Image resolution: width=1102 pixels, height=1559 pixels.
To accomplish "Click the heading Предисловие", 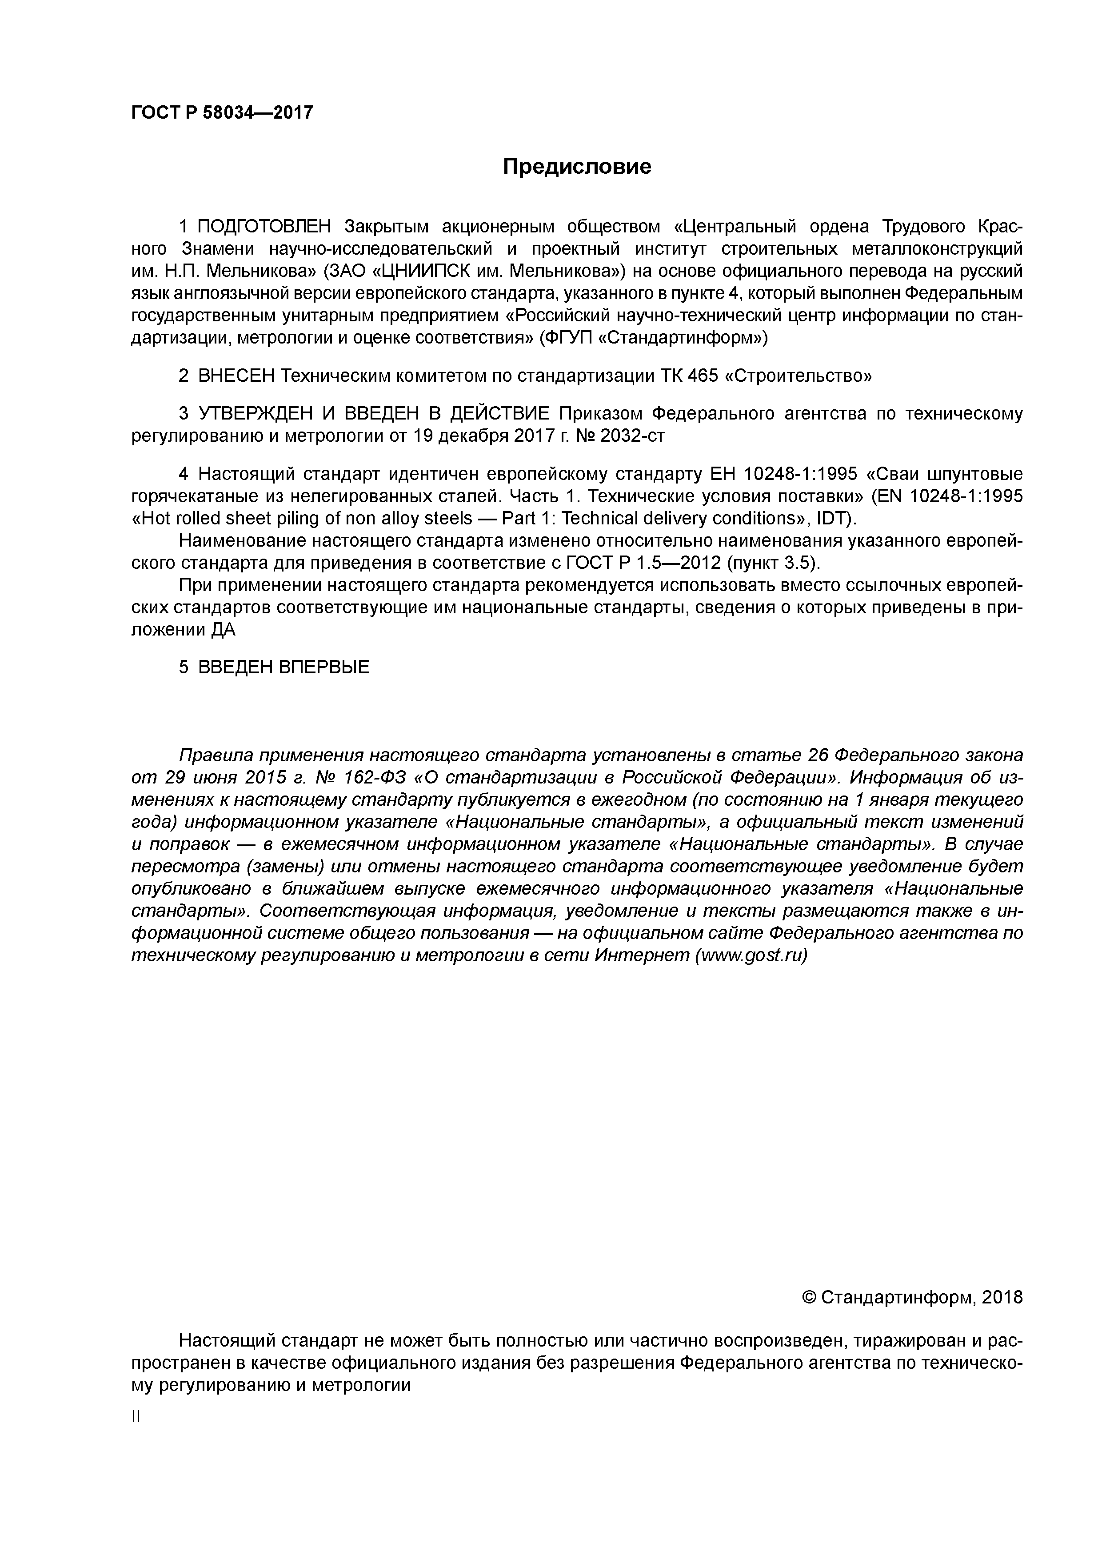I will point(576,166).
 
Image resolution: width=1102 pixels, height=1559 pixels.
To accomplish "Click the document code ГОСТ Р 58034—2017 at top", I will point(222,112).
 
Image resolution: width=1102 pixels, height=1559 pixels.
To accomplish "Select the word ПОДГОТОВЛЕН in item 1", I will point(265,226).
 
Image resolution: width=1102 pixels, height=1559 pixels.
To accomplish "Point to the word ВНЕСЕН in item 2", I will point(236,376).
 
